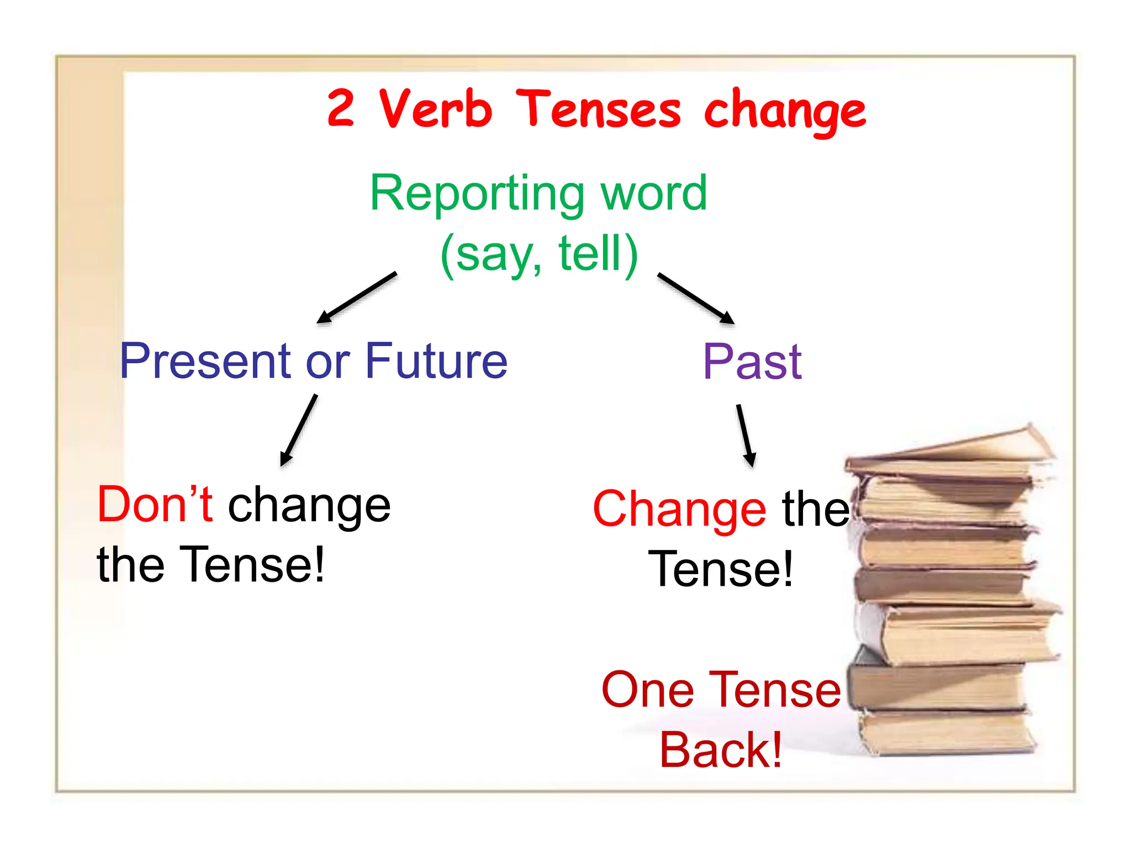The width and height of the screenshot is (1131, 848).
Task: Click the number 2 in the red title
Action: click(340, 108)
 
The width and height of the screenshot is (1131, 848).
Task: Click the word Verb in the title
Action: click(435, 109)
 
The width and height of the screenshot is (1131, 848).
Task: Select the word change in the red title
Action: click(785, 112)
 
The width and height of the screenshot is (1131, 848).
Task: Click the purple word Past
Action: click(752, 362)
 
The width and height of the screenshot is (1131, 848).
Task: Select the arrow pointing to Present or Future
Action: click(357, 298)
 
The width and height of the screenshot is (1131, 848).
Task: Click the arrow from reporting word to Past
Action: click(696, 298)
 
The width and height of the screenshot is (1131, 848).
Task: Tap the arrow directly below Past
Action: click(746, 436)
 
